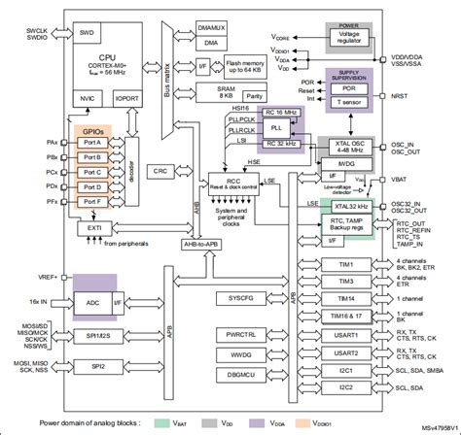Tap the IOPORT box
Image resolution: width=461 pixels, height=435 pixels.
pyautogui.click(x=127, y=99)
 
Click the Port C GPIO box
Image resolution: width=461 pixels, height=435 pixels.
pyautogui.click(x=93, y=172)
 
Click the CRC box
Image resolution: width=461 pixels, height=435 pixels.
pyautogui.click(x=160, y=170)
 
